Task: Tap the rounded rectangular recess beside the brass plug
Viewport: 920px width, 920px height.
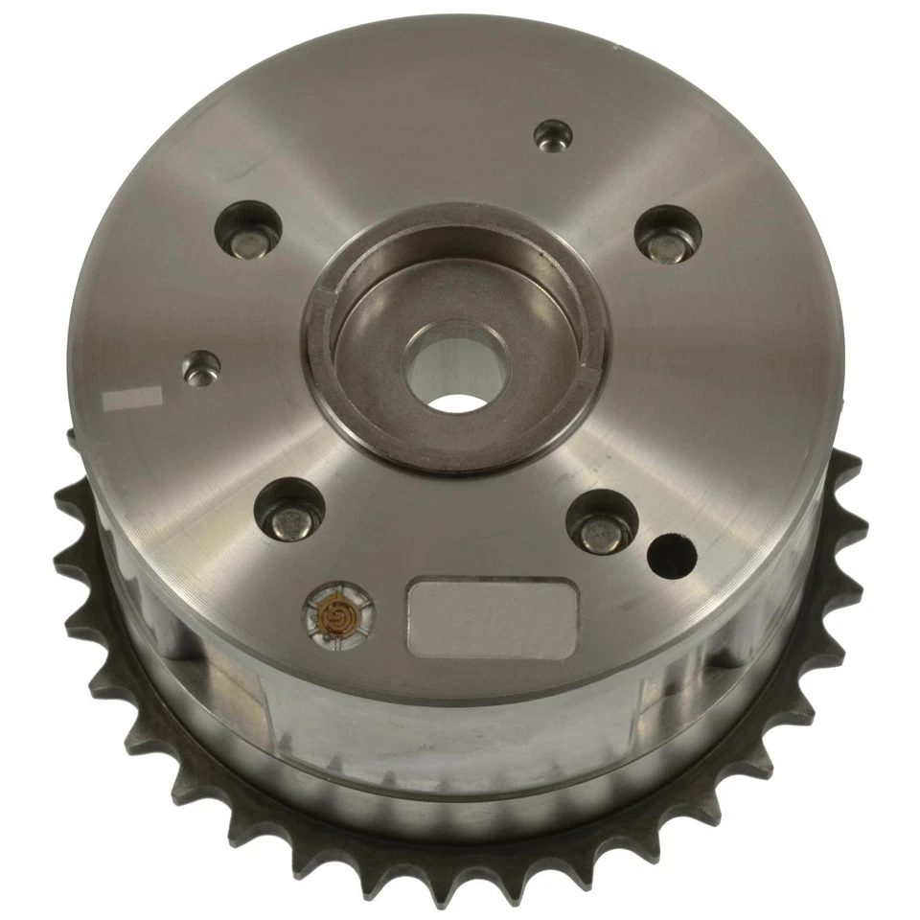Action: (x=493, y=615)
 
